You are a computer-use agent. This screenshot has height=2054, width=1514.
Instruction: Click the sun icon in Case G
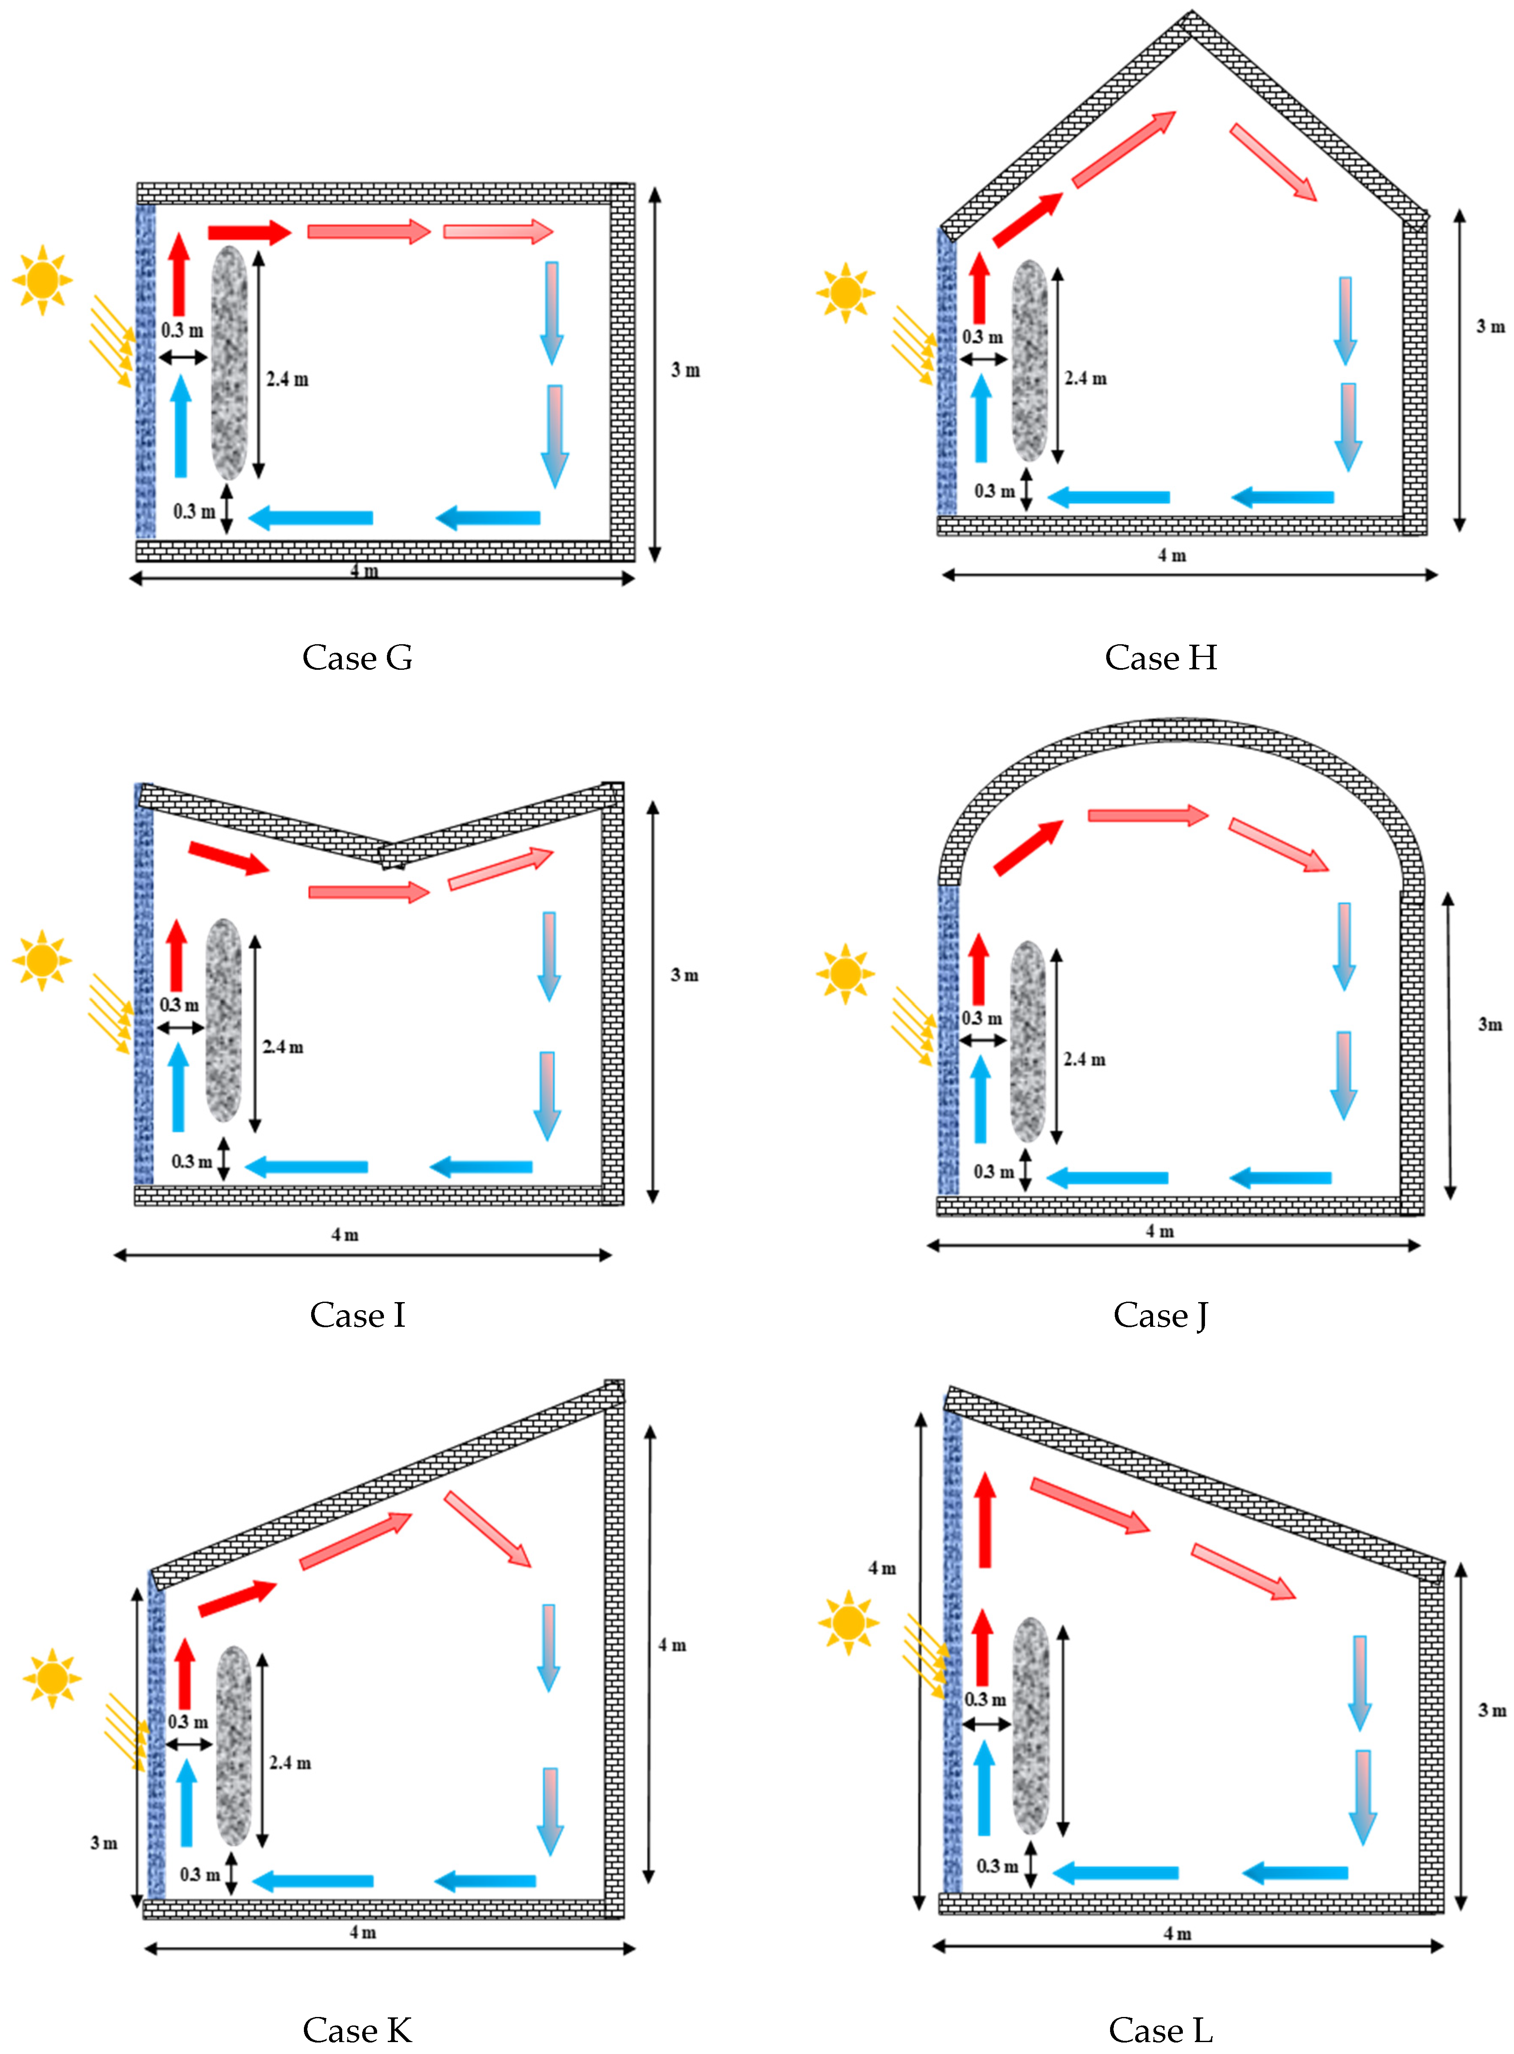tap(42, 280)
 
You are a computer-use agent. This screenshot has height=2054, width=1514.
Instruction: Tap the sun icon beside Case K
tap(52, 1677)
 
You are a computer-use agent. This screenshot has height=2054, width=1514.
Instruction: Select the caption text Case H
tap(1160, 658)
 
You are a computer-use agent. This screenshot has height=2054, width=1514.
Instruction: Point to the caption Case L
tap(1160, 2029)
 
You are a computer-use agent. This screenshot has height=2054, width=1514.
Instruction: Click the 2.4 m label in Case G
tap(287, 379)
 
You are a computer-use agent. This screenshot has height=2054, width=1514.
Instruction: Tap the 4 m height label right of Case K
tap(672, 1645)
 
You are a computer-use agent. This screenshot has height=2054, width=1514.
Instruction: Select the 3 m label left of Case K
tap(103, 1843)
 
